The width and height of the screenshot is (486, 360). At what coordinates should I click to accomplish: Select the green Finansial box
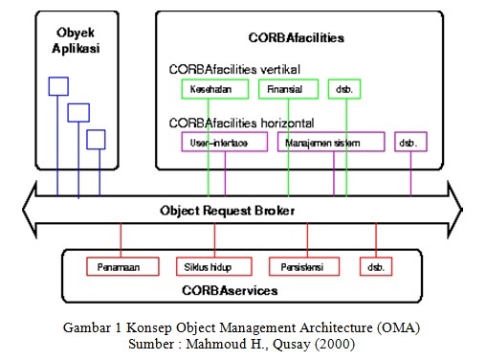pyautogui.click(x=287, y=89)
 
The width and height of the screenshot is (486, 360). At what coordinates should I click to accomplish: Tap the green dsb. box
pyautogui.click(x=344, y=89)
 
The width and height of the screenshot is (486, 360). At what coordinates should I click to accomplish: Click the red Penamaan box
pyautogui.click(x=121, y=265)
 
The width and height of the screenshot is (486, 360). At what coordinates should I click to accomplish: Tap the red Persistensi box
pyautogui.click(x=300, y=265)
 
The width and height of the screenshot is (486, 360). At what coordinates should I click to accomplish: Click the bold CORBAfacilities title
pyautogui.click(x=298, y=38)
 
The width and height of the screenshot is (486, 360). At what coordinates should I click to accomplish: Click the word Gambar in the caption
pyautogui.click(x=87, y=327)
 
